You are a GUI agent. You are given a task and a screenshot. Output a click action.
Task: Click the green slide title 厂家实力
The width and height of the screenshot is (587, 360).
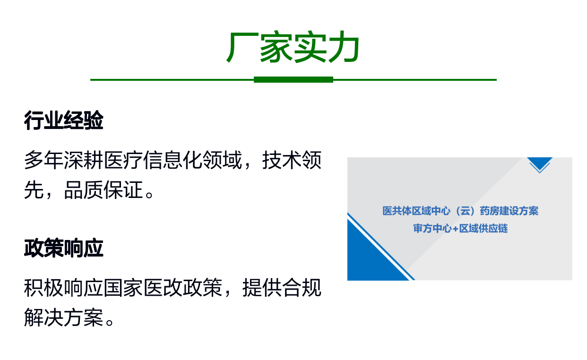(293, 47)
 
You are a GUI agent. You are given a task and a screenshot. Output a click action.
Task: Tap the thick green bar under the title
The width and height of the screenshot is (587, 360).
(293, 80)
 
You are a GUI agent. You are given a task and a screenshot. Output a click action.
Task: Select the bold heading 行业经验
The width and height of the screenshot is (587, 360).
(64, 120)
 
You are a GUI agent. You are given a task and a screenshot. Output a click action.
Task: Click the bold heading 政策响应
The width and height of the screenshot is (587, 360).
(64, 248)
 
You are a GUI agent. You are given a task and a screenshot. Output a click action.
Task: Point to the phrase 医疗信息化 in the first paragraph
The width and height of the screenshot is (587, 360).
(153, 160)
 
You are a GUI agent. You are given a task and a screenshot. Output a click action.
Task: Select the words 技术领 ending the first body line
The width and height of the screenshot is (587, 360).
(292, 160)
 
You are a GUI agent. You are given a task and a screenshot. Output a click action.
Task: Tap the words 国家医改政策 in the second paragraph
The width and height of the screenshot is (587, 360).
(163, 288)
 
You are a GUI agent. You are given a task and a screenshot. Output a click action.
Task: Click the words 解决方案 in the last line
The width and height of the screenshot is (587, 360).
(64, 317)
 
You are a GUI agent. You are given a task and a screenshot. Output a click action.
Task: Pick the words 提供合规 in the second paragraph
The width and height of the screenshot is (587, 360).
(282, 288)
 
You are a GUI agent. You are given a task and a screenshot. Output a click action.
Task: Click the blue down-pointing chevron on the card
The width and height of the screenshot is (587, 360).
(540, 164)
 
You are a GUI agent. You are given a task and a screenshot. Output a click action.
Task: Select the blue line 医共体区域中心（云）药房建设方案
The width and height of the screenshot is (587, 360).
(460, 211)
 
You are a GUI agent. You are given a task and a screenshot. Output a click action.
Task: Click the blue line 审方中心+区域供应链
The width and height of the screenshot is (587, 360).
(460, 229)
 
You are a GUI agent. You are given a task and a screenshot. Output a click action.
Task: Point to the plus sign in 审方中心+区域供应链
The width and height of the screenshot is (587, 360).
(455, 229)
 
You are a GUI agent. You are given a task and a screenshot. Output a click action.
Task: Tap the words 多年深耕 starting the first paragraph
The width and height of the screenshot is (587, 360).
(64, 160)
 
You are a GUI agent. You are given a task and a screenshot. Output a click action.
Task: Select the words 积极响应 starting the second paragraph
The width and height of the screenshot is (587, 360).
(64, 288)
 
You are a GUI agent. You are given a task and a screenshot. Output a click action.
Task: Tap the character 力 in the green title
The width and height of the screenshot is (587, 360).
(344, 47)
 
